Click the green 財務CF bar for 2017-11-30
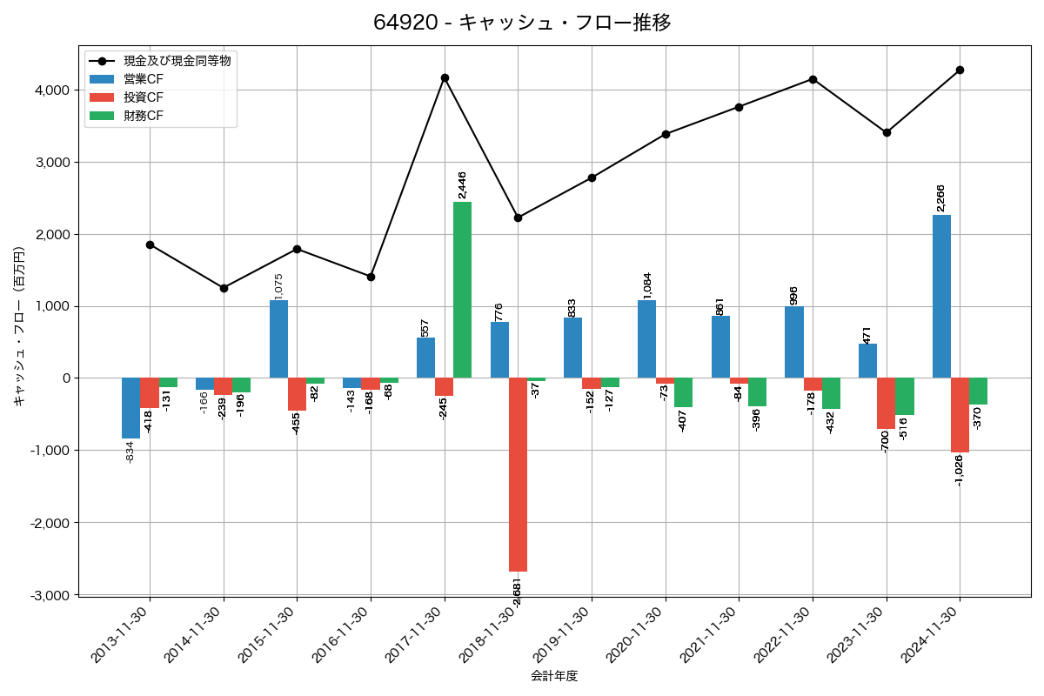[462, 290]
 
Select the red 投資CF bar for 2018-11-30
[518, 474]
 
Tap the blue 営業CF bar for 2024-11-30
[941, 296]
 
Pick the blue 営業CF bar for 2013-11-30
[131, 407]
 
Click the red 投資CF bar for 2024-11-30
[960, 415]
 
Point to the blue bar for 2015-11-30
[278, 339]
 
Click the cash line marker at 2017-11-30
[445, 78]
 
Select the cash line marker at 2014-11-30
[224, 288]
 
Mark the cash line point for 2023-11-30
[887, 132]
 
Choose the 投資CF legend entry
[144, 97]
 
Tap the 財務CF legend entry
[144, 116]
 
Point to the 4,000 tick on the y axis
[52, 90]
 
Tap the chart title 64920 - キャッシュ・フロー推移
[522, 23]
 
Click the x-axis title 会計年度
[554, 676]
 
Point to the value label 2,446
[462, 184]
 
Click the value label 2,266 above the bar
[940, 197]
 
